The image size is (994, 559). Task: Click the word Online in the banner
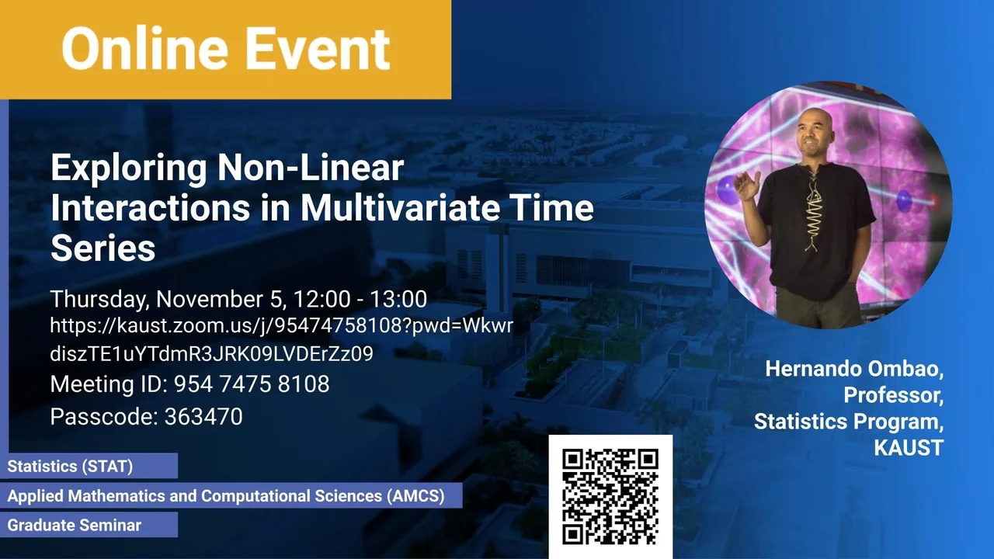coord(145,48)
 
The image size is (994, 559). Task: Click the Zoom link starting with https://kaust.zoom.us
coord(281,339)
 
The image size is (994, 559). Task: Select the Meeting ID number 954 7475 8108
coord(252,384)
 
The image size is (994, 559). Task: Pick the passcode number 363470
coord(203,417)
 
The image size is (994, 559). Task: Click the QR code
coord(610,496)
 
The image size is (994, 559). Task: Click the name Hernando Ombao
coord(854,369)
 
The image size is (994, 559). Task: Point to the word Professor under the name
coord(893,395)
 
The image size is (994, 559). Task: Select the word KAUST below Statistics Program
coord(909,447)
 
